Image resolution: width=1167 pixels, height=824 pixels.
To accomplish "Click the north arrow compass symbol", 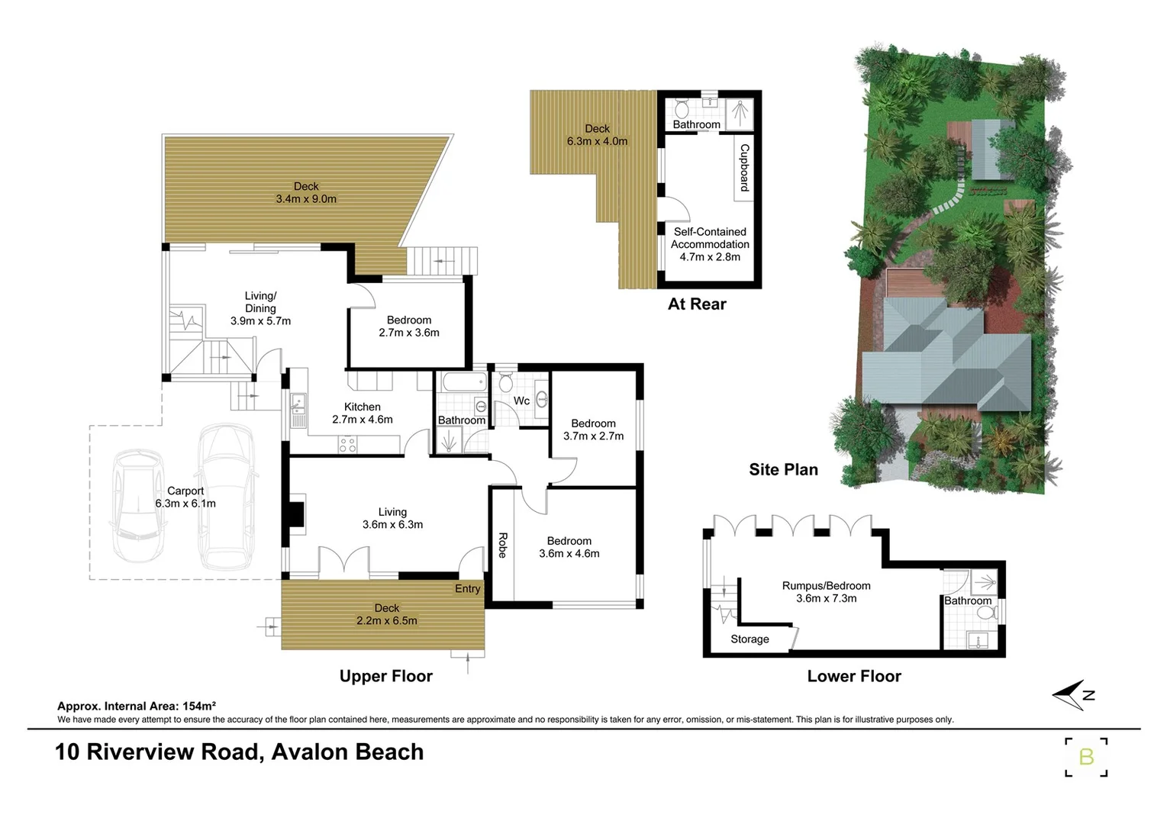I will click(x=1072, y=694).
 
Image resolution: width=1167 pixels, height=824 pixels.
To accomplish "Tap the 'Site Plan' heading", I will click(x=783, y=470).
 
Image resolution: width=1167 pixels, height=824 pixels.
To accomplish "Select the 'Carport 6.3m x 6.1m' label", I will click(x=185, y=497).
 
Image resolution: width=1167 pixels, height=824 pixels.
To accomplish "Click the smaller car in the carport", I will click(x=140, y=504).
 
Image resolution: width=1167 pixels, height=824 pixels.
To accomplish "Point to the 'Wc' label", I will click(x=521, y=401).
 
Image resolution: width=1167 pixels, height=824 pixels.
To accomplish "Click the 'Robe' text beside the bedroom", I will click(x=502, y=545).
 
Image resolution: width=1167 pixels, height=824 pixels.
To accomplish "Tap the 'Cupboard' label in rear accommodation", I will click(x=744, y=168).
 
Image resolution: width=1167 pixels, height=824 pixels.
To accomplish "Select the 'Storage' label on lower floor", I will click(x=750, y=639).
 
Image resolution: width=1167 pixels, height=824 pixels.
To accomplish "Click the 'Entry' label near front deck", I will click(x=468, y=589).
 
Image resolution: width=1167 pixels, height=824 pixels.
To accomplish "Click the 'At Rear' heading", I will click(x=697, y=304).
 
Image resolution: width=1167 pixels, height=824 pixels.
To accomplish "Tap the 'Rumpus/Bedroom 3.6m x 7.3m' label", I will click(x=826, y=592).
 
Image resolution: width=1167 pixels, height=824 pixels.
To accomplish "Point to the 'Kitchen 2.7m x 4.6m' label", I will click(x=363, y=414).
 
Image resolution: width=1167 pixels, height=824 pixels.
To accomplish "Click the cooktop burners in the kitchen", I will click(x=347, y=444).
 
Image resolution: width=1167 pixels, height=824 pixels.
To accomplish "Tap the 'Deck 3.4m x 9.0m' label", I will click(x=306, y=192).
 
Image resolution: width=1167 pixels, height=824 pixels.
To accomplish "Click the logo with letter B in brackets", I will click(x=1086, y=757).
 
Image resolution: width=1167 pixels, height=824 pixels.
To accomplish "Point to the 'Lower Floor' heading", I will click(x=854, y=677).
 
